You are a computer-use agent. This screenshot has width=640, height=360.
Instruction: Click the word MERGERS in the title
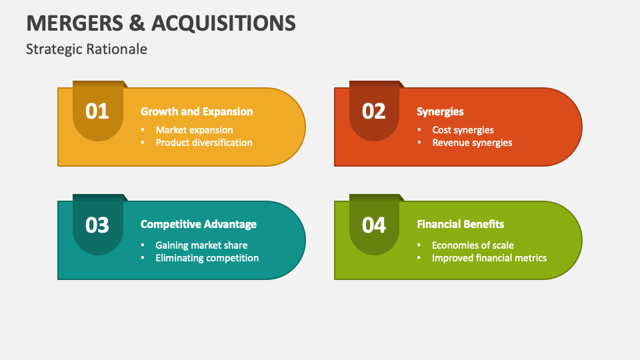tap(73, 23)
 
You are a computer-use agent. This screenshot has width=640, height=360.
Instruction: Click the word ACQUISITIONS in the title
tap(223, 23)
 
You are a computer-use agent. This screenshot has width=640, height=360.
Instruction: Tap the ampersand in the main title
tap(136, 23)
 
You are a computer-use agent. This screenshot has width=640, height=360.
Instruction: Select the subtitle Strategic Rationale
tap(87, 49)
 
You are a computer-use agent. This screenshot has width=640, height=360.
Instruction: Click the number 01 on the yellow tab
tap(97, 111)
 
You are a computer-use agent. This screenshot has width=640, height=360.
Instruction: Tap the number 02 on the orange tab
tap(374, 111)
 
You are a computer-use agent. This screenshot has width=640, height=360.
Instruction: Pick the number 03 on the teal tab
tap(97, 225)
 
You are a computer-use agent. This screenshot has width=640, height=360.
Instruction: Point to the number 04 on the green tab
tap(374, 225)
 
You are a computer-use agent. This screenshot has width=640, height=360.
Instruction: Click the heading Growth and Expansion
tap(197, 111)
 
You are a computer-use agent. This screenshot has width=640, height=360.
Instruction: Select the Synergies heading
tap(440, 111)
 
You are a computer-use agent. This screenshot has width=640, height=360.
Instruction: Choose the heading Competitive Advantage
tap(199, 225)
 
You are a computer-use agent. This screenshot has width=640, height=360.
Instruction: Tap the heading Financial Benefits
tap(460, 225)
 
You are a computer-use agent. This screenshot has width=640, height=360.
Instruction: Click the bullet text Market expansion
tap(194, 130)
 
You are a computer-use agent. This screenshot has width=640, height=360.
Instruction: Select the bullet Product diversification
tap(204, 143)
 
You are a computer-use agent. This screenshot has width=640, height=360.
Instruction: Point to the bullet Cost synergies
tap(463, 130)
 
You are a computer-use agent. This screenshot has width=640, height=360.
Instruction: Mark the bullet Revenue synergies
tap(472, 143)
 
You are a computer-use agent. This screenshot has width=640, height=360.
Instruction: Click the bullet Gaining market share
tap(201, 245)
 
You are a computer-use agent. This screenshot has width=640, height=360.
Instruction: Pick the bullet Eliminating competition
tap(207, 258)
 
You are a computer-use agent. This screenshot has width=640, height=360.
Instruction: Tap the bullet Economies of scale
tap(473, 245)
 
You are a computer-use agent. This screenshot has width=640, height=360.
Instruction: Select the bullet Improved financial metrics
tap(489, 258)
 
